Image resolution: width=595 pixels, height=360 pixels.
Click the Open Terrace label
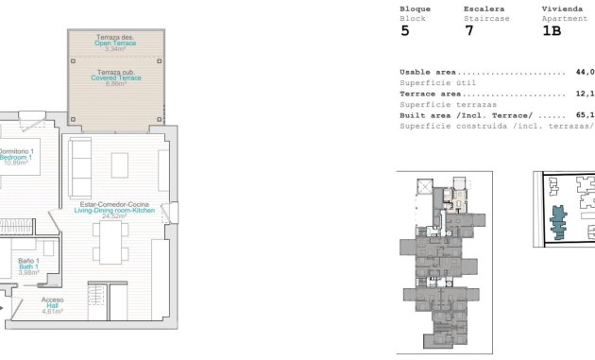pyautogui.click(x=114, y=41)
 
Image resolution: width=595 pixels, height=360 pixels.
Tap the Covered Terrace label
pyautogui.click(x=116, y=77)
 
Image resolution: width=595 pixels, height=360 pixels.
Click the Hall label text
pyautogui.click(x=52, y=305)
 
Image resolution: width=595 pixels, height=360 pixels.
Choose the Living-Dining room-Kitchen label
pyautogui.click(x=119, y=210)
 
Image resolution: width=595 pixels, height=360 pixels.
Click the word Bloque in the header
pyautogui.click(x=415, y=9)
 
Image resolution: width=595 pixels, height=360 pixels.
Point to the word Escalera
pyautogui.click(x=483, y=9)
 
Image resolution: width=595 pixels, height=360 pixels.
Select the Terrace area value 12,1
pyautogui.click(x=585, y=94)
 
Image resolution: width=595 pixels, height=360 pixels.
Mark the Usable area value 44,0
pyautogui.click(x=585, y=72)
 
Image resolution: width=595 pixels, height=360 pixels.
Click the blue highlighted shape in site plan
pyautogui.click(x=560, y=223)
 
